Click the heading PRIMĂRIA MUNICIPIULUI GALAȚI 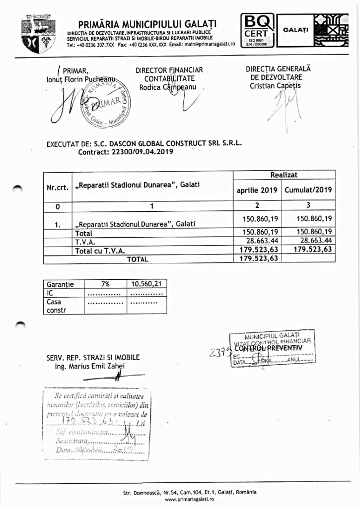[147, 25]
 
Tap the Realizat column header [284, 175]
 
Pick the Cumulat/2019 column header [308, 190]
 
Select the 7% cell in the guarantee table [105, 285]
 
